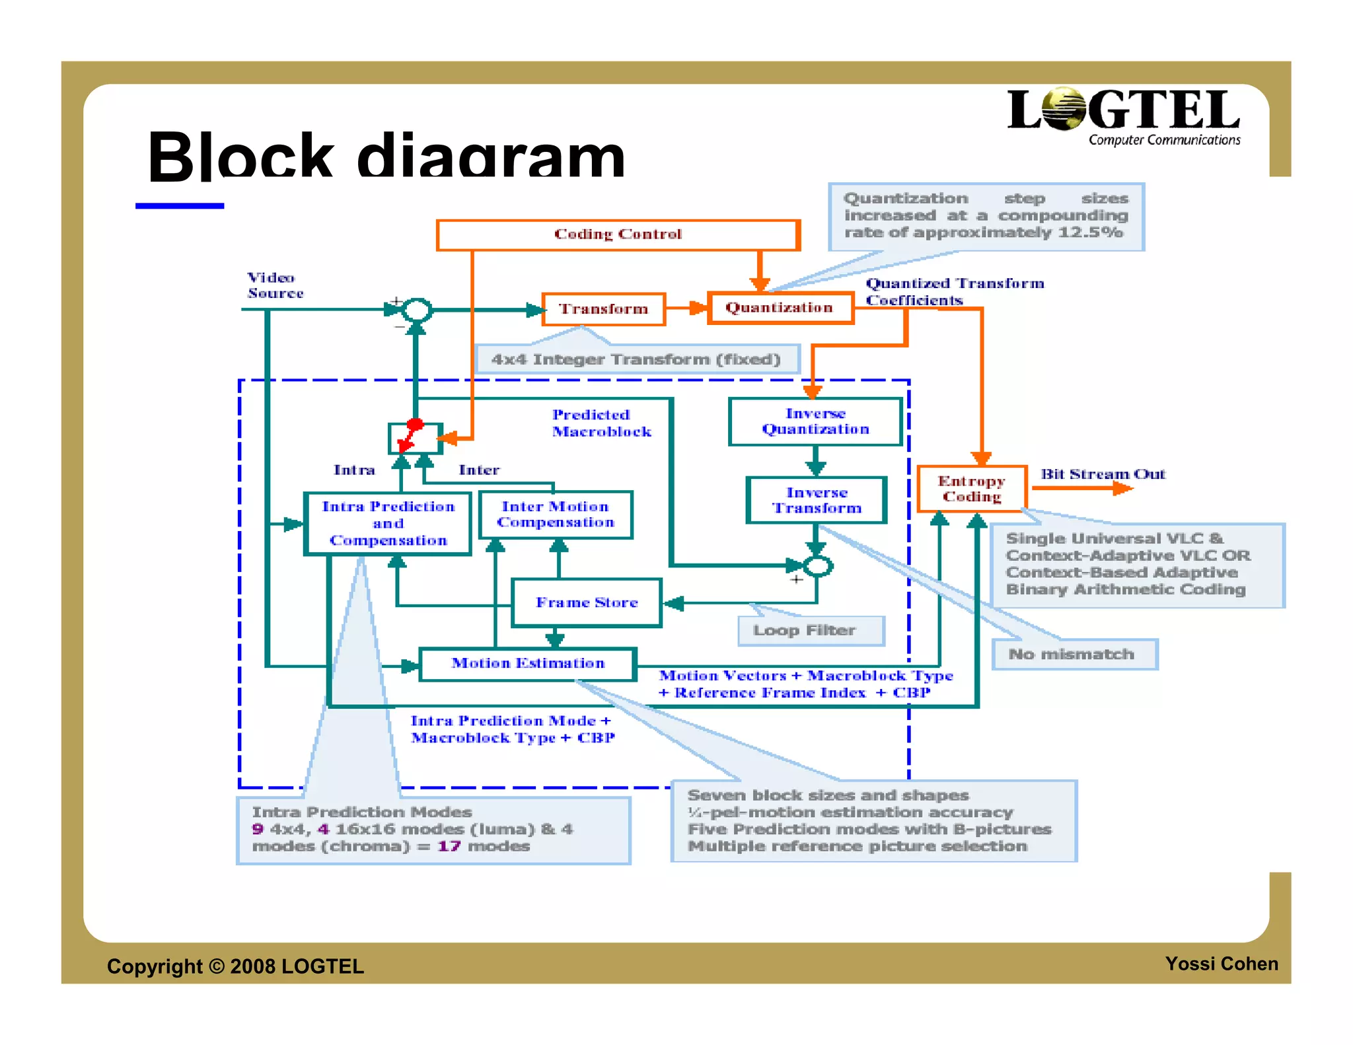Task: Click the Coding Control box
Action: pyautogui.click(x=618, y=235)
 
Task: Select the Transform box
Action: pyautogui.click(x=603, y=309)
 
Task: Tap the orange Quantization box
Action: pyautogui.click(x=780, y=308)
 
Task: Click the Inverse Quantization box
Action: pyautogui.click(x=815, y=421)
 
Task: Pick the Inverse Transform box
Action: pyautogui.click(x=817, y=500)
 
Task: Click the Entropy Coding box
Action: pyautogui.click(x=971, y=489)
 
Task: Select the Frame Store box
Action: pyautogui.click(x=587, y=602)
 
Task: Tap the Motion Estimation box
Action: pyautogui.click(x=528, y=663)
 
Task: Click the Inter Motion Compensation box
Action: pyautogui.click(x=555, y=515)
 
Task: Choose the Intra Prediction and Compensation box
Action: pyautogui.click(x=388, y=523)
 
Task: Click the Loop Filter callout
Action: pyautogui.click(x=811, y=631)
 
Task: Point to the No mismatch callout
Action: pyautogui.click(x=1074, y=655)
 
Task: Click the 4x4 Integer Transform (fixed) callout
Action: pyautogui.click(x=636, y=359)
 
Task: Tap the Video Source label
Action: pyautogui.click(x=275, y=285)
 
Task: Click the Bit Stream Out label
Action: pyautogui.click(x=1103, y=474)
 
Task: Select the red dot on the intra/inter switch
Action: pyautogui.click(x=415, y=424)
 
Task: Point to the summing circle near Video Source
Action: pyautogui.click(x=417, y=310)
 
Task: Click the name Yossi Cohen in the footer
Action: pyautogui.click(x=1221, y=964)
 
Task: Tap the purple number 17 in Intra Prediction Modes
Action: pyautogui.click(x=449, y=846)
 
